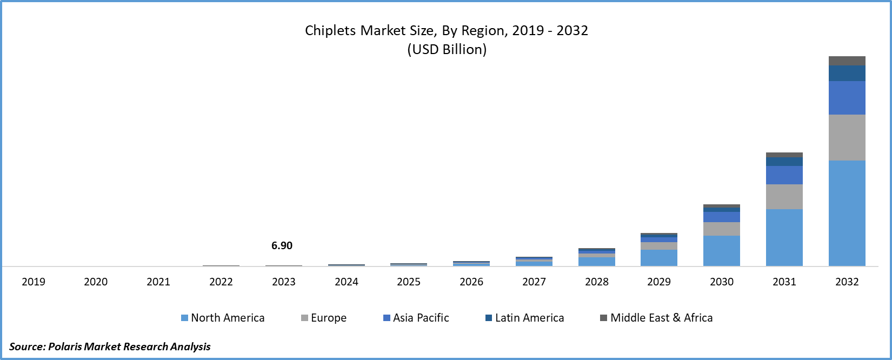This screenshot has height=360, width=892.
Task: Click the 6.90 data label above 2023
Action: (x=282, y=245)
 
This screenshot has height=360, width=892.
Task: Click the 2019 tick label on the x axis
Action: (x=34, y=282)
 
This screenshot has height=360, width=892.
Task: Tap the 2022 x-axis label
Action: (x=221, y=282)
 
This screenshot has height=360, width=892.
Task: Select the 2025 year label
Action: (x=409, y=282)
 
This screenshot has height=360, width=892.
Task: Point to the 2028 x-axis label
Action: (x=596, y=282)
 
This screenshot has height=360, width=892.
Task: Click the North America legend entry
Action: (x=223, y=318)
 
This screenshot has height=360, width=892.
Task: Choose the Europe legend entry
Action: (x=324, y=318)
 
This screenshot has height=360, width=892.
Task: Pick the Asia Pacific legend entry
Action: (x=416, y=318)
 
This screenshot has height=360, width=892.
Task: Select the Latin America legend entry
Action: (x=524, y=318)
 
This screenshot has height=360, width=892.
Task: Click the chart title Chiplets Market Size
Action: (x=446, y=30)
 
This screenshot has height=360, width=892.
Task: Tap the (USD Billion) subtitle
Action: (x=447, y=50)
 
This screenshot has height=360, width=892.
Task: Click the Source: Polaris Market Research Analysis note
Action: (x=110, y=346)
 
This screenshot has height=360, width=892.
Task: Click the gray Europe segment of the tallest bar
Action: (x=847, y=137)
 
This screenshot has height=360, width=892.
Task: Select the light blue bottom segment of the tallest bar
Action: (x=847, y=213)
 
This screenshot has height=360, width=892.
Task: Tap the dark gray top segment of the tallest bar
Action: (x=847, y=61)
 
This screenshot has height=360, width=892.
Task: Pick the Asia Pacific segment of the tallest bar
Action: (x=847, y=98)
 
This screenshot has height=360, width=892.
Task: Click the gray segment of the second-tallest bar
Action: (x=784, y=197)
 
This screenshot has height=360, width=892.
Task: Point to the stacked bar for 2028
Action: (x=596, y=258)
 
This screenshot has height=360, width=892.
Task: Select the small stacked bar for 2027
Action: (x=534, y=262)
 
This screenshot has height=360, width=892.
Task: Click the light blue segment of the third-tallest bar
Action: (x=721, y=251)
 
